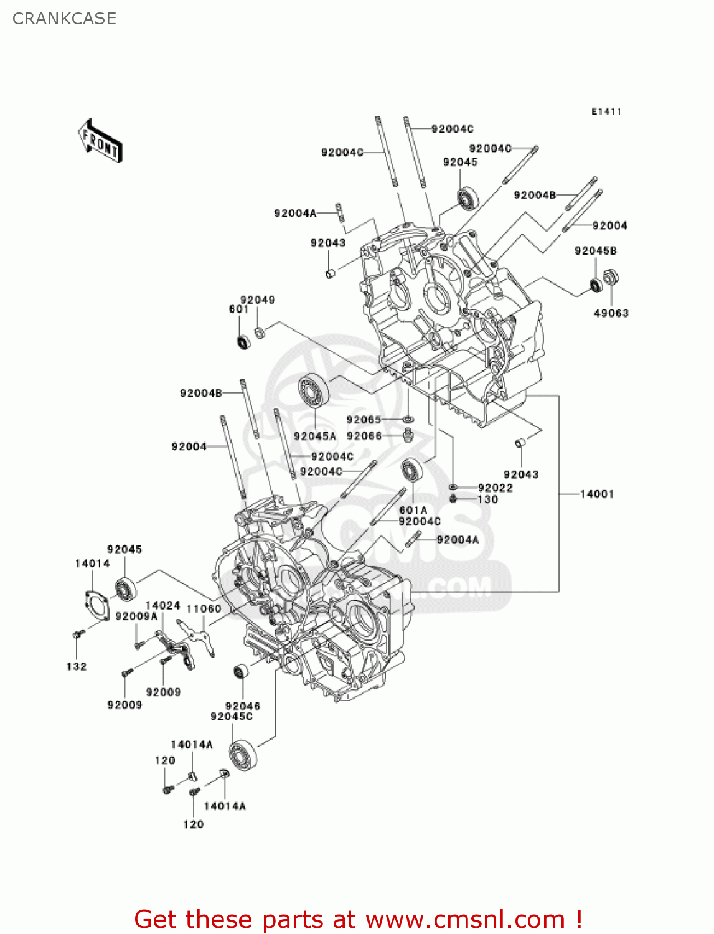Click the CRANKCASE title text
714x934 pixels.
coord(64,19)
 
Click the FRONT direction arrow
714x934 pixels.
coord(100,141)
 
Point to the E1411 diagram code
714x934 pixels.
coord(606,111)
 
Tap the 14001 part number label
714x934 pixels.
coord(597,494)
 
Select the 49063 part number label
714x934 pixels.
coord(611,313)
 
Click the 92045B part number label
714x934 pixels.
coord(595,251)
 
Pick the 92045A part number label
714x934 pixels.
coord(315,436)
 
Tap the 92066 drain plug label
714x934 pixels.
coord(364,436)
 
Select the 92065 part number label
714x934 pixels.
coord(364,420)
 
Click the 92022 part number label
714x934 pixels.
coord(496,488)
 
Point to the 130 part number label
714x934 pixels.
coord(488,499)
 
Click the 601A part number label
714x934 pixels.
coord(413,510)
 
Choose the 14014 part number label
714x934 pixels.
coord(93,564)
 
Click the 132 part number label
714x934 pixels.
coord(77,666)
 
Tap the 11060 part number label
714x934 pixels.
coord(204,609)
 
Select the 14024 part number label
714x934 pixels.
coord(163,605)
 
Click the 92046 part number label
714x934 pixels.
coord(242,706)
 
